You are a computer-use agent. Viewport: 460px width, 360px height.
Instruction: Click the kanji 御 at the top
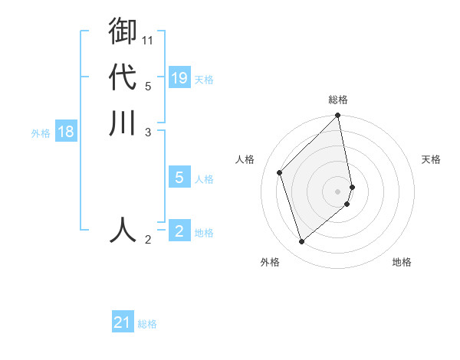pyautogui.click(x=123, y=31)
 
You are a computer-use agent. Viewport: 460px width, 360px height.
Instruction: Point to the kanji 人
pyautogui.click(x=123, y=230)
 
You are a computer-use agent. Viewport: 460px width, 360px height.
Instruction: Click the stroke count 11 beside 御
pyautogui.click(x=149, y=40)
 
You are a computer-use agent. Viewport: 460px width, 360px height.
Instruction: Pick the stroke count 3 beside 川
pyautogui.click(x=148, y=133)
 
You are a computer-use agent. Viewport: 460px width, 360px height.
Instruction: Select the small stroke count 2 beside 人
pyautogui.click(x=148, y=240)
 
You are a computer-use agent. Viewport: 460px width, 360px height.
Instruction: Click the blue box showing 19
pyautogui.click(x=179, y=78)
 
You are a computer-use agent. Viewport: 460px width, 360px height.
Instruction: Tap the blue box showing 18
pyautogui.click(x=66, y=132)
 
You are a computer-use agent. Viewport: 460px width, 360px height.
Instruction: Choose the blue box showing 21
pyautogui.click(x=123, y=322)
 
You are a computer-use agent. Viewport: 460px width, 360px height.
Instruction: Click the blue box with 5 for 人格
pyautogui.click(x=179, y=178)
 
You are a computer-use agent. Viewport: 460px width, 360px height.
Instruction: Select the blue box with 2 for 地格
pyautogui.click(x=179, y=231)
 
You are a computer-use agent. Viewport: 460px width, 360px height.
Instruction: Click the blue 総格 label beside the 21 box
pyautogui.click(x=147, y=324)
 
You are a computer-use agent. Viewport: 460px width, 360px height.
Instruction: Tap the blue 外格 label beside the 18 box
pyautogui.click(x=41, y=133)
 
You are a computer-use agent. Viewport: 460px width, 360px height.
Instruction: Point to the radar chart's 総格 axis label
pyautogui.click(x=338, y=100)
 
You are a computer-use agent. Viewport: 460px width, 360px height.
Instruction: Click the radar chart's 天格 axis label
pyautogui.click(x=431, y=159)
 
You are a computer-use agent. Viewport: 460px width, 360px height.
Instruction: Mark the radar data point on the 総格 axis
pyautogui.click(x=338, y=116)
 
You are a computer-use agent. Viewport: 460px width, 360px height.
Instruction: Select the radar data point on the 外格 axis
pyautogui.click(x=302, y=242)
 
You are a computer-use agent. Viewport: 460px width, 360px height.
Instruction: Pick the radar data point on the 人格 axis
pyautogui.click(x=280, y=172)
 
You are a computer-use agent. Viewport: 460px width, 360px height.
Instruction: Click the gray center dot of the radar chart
pyautogui.click(x=338, y=191)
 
